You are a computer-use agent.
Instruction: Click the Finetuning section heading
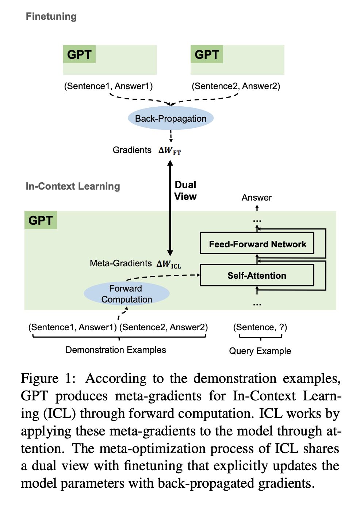(51, 16)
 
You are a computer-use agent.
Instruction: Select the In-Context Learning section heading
(73, 186)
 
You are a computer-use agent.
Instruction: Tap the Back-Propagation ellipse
(171, 118)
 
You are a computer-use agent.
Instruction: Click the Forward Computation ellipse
(126, 294)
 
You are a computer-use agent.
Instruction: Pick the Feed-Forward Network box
(257, 244)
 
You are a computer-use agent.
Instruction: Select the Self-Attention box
(257, 275)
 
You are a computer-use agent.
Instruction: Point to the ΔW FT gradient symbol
(170, 151)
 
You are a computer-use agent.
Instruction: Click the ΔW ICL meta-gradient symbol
(169, 264)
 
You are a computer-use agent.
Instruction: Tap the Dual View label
(185, 191)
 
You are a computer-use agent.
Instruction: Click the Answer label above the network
(257, 198)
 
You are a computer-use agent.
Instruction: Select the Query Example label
(260, 351)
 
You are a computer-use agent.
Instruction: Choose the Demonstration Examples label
(116, 350)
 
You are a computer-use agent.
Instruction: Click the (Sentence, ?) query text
(260, 327)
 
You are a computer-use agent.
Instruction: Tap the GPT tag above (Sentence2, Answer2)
(207, 54)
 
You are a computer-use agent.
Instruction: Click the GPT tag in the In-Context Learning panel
(41, 220)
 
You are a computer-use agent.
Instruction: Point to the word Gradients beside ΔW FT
(132, 150)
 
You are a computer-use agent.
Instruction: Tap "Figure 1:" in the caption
(48, 378)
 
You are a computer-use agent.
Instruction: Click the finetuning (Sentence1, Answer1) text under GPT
(108, 86)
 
